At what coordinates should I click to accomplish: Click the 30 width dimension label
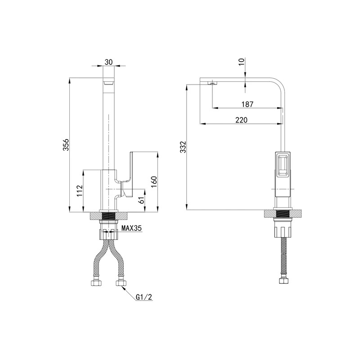pos(108,62)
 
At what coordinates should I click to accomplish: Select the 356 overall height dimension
pos(66,144)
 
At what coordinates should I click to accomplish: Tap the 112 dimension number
pos(80,190)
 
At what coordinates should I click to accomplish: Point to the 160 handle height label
pos(154,182)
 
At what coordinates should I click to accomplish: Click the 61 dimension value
pos(142,200)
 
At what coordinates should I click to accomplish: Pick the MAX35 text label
pos(131,228)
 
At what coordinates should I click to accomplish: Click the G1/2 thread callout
pos(144,297)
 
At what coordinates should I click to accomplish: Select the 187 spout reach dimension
pos(247,104)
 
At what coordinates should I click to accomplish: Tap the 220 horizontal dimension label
pos(241,120)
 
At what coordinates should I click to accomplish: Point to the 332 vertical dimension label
pos(183,147)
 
